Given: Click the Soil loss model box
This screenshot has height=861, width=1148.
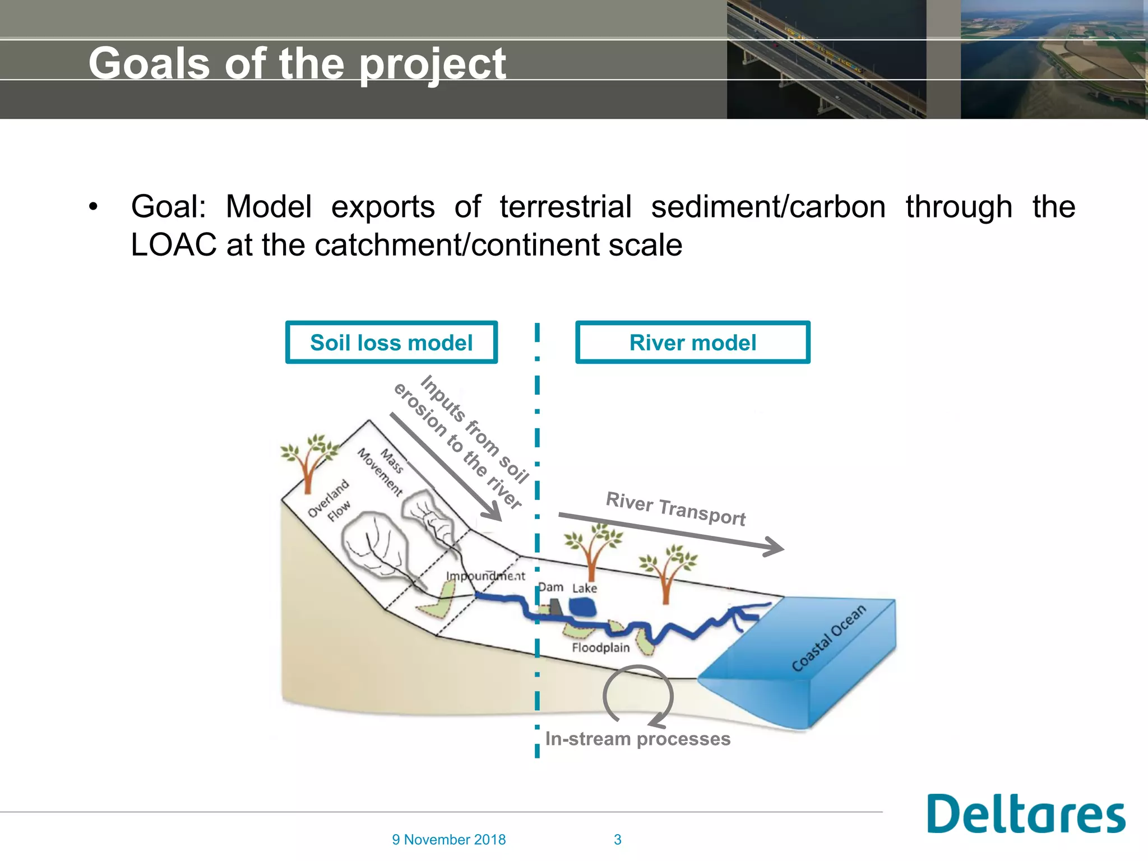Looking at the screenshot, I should pos(391,342).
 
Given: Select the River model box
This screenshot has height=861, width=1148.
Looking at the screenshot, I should pos(692,342).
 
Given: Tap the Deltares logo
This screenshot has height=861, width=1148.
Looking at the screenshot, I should pos(1026,814).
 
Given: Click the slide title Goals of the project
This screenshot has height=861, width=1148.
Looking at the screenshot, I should pos(297,63).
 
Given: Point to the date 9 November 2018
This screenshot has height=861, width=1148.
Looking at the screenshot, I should pos(448,839).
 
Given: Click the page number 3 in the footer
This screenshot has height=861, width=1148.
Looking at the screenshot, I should pos(617,839).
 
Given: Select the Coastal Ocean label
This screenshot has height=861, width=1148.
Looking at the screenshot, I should pos(828,638).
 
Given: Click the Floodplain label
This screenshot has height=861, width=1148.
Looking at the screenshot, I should pos(600,647).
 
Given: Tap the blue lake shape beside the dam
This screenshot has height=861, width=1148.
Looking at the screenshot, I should pos(582,607).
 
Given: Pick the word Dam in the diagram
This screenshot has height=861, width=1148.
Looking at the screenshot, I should pos(551,587).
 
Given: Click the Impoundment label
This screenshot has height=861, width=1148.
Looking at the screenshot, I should pos(485,576).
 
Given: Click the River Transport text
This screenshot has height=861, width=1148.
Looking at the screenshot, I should pos(675,508).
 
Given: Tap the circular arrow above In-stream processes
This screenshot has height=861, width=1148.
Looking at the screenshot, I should pos(638,695).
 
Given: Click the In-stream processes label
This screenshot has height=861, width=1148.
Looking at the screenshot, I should pos(637,739).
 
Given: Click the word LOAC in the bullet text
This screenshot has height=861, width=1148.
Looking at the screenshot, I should pos(173,245).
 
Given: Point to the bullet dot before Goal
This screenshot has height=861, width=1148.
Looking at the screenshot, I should pos(93,207).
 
